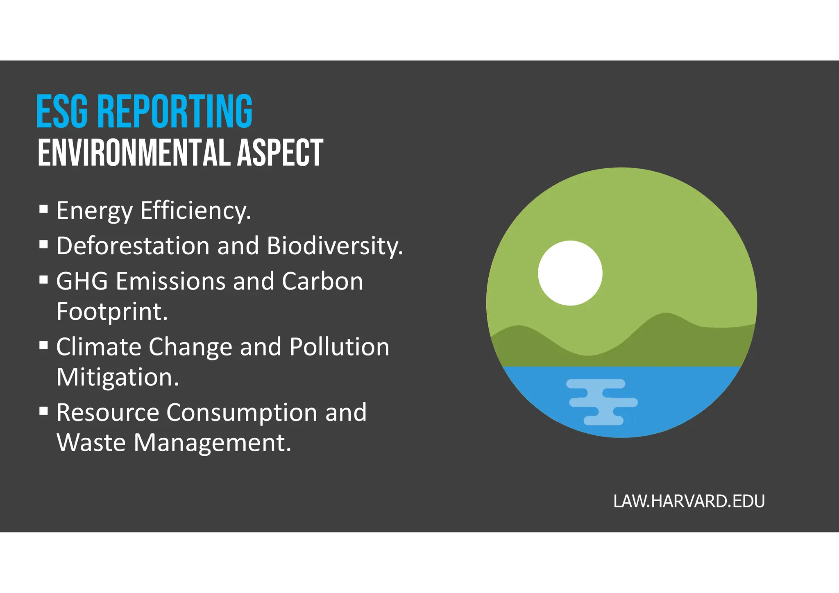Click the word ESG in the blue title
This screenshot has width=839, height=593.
(62, 111)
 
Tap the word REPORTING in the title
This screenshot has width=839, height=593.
(175, 111)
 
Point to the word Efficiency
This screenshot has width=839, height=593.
(195, 211)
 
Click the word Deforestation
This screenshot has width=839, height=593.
(133, 246)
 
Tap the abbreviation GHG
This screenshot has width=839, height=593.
(82, 281)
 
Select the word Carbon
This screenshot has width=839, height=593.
(322, 281)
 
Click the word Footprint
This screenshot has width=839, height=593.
(112, 312)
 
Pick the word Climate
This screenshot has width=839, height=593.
(99, 347)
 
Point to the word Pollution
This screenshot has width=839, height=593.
(339, 347)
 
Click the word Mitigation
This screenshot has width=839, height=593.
(118, 378)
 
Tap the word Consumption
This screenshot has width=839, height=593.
(242, 413)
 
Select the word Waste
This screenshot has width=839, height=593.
(91, 443)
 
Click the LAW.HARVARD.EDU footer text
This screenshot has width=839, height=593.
(689, 501)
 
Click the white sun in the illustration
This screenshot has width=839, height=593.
(570, 273)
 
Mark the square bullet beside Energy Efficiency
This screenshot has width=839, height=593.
(44, 209)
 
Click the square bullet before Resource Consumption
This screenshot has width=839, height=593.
(44, 411)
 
